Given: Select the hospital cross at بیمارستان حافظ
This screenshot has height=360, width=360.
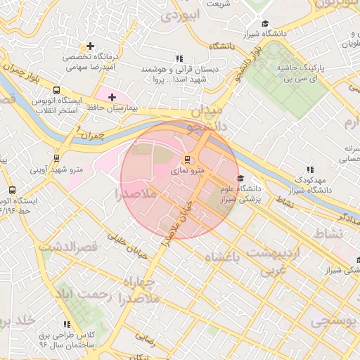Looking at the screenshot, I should click(112, 96).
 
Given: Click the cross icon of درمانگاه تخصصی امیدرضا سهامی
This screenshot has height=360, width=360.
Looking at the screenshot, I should click(90, 46).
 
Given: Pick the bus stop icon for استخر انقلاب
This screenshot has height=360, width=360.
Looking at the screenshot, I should click(56, 90).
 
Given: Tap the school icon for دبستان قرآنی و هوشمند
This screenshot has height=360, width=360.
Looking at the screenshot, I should click(179, 59).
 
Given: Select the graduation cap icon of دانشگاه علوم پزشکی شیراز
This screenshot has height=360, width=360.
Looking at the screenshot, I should click(241, 179).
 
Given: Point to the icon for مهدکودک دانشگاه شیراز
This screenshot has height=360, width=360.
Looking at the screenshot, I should click(310, 169).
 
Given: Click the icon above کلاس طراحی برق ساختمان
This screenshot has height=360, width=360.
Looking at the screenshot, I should click(67, 324).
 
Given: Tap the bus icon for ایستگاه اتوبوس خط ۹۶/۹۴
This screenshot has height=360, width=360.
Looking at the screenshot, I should click(12, 190).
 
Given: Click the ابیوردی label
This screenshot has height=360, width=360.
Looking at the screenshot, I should click(181, 15).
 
